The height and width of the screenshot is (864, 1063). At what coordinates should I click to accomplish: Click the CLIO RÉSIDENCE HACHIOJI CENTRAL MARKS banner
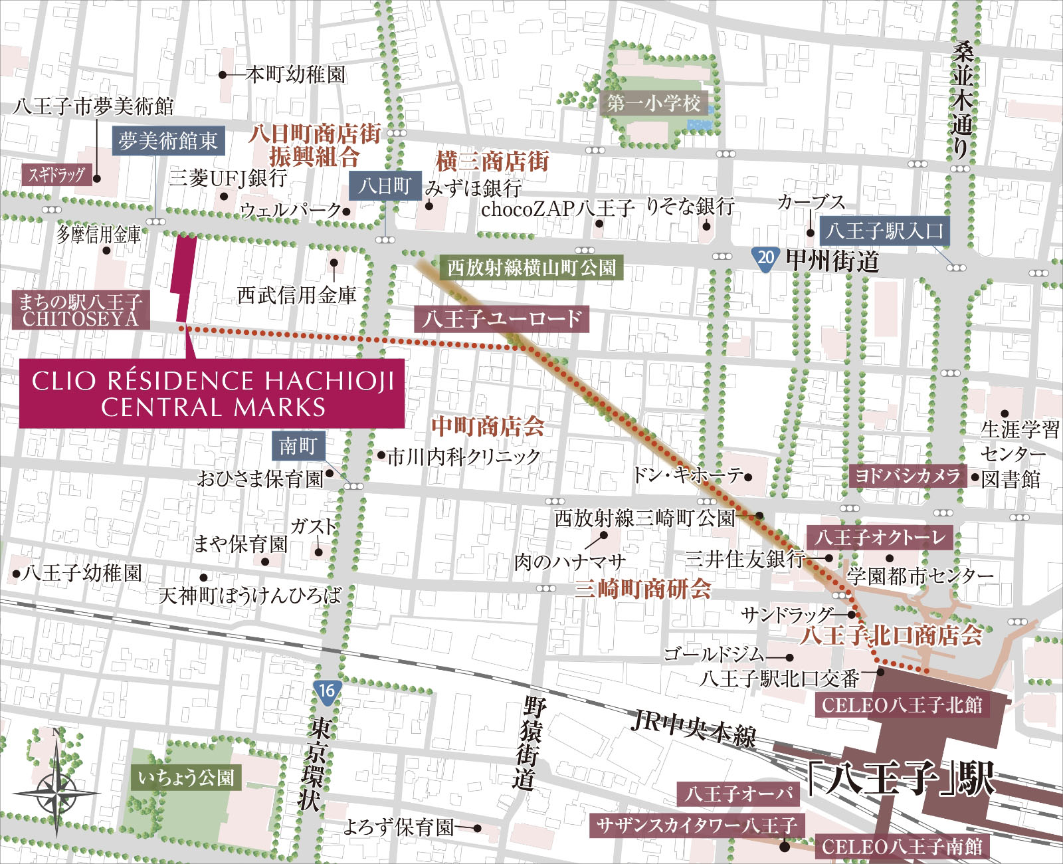(211, 393)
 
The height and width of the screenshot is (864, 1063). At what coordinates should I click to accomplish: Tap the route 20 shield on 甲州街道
(765, 257)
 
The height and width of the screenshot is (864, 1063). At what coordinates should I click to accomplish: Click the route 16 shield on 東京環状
(326, 690)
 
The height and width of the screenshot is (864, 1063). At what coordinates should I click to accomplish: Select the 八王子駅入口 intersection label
(884, 231)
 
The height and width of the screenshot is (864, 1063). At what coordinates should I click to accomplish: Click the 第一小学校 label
(654, 103)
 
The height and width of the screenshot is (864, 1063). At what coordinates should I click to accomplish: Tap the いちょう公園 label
(186, 778)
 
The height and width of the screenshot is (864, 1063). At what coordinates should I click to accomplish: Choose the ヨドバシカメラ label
(908, 475)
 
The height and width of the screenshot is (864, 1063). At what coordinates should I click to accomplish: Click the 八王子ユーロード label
(501, 319)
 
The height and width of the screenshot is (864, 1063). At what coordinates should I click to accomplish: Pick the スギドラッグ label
(56, 175)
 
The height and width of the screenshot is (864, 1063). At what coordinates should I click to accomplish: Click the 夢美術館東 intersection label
(168, 141)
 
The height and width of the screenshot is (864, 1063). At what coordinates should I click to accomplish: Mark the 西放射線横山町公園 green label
(531, 268)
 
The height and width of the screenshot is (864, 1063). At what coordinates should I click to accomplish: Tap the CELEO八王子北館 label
(902, 704)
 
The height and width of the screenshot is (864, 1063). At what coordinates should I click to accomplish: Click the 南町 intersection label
(298, 445)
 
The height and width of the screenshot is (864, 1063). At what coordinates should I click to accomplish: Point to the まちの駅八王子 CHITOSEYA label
(80, 310)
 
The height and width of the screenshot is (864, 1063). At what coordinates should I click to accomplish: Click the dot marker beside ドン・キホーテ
(748, 477)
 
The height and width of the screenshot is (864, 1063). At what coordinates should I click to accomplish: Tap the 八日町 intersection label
(385, 185)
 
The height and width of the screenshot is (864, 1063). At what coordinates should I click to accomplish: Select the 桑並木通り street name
(962, 100)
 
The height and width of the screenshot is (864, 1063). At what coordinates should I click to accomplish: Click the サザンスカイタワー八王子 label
(696, 826)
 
